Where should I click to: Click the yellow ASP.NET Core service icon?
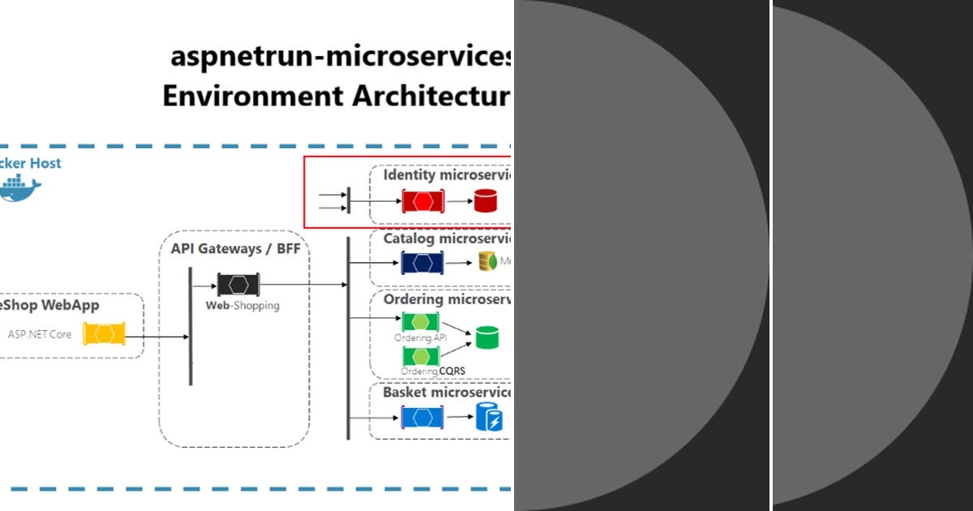point(105,333)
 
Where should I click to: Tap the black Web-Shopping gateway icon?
point(238,285)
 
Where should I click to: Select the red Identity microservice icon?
point(423,200)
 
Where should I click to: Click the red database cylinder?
point(485,200)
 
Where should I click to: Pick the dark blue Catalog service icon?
point(422,263)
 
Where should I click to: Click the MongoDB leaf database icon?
point(487,261)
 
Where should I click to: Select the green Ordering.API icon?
point(421,322)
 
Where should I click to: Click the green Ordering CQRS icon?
point(421,356)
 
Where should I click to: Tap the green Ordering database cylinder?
point(486,337)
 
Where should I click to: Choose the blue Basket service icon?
point(422,418)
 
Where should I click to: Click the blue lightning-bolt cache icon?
point(488,418)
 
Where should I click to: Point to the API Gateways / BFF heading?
point(235,248)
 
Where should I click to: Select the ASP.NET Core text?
point(40,334)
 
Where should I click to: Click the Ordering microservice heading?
point(447,299)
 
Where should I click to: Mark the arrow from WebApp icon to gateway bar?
point(156,337)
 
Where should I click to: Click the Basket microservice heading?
point(447,393)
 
